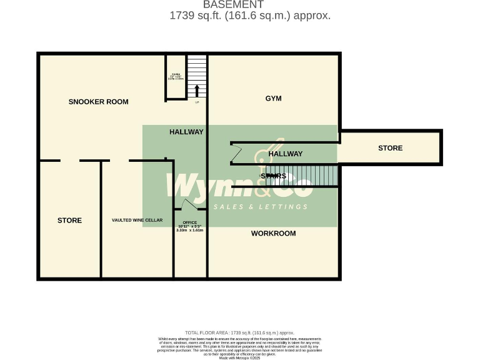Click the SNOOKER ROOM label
(x=98, y=102)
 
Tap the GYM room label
(x=273, y=99)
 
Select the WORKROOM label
(x=273, y=234)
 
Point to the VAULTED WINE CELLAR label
(x=137, y=221)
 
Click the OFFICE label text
(x=189, y=222)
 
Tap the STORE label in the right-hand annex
(x=390, y=148)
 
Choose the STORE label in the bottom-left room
(x=69, y=221)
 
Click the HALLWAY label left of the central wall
(x=186, y=132)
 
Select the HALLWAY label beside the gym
(x=285, y=154)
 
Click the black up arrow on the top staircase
(x=197, y=91)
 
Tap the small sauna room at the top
(x=176, y=77)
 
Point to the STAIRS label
(x=273, y=176)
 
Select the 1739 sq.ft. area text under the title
(x=249, y=16)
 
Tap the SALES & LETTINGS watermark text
(x=262, y=207)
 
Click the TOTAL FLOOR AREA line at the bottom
(x=239, y=333)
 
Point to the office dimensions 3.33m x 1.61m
(x=190, y=230)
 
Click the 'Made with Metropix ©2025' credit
(x=239, y=357)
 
